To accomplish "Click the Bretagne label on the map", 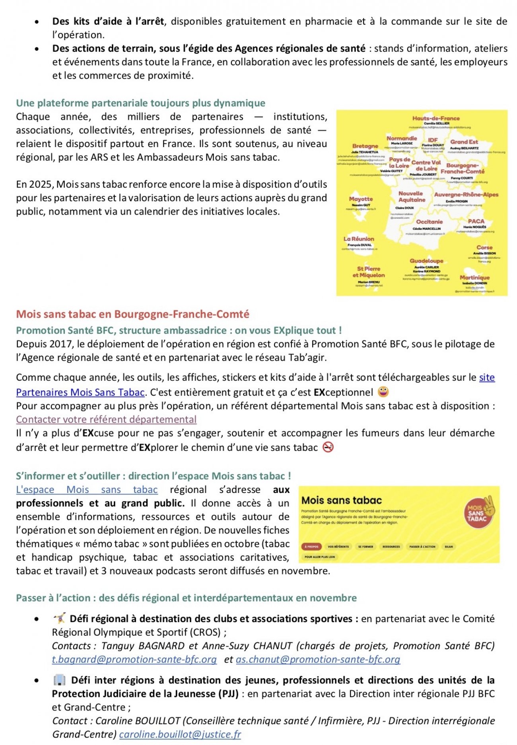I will point(365,146).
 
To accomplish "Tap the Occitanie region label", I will point(429,222).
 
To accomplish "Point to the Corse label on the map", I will point(484,247).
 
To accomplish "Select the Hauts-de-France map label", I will point(436,118).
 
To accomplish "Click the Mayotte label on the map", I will point(361,199).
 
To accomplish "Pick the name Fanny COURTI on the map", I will point(462,178).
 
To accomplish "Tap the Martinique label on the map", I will point(474,277).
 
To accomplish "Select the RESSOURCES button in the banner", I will point(391,547).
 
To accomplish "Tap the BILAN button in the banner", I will point(449,547).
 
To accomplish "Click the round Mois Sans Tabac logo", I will point(479,512).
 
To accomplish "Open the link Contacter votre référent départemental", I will point(106,419).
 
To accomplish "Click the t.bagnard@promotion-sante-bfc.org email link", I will point(134,660).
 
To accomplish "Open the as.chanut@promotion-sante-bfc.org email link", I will point(318,660).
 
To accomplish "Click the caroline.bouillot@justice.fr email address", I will point(180,734).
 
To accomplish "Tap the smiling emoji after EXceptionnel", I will point(383,392).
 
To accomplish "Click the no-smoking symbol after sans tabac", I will point(328,448).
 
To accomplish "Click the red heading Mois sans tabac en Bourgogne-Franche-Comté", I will point(132,314).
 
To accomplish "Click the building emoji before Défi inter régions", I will point(59,680).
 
